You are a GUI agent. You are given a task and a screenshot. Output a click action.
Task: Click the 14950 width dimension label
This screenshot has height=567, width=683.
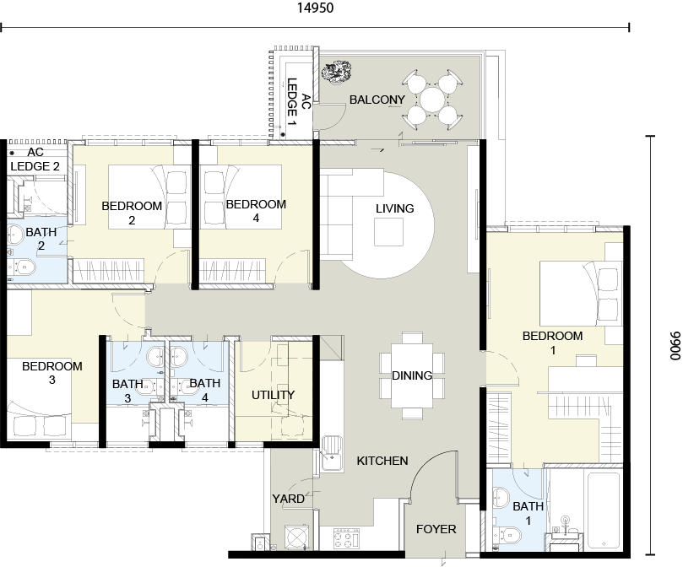(316, 8)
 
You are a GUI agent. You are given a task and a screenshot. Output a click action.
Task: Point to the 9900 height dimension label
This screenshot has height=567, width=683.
(675, 346)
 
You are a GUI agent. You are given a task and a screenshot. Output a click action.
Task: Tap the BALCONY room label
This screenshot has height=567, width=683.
(377, 100)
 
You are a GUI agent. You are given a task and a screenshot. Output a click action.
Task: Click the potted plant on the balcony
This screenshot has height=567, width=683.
(336, 72)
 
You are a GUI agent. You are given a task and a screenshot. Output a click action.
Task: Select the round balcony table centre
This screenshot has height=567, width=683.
(432, 100)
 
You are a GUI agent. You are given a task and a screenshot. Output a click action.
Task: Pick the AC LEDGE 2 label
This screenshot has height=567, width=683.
(35, 159)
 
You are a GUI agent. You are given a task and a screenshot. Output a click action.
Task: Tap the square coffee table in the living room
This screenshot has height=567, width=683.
(388, 232)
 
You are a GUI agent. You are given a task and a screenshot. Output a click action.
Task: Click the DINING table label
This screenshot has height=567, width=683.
(412, 375)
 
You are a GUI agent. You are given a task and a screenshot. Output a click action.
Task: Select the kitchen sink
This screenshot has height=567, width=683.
(333, 454)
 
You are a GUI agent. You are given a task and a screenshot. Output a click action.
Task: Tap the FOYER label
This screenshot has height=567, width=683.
(436, 529)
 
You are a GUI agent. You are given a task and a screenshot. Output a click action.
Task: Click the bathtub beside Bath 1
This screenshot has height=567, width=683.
(604, 510)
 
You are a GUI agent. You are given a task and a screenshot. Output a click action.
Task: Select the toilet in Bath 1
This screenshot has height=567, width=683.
(508, 535)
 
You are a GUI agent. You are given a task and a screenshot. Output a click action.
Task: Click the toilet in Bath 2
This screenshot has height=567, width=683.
(21, 266)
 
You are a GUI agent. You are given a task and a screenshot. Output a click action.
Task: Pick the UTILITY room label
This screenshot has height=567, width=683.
(273, 395)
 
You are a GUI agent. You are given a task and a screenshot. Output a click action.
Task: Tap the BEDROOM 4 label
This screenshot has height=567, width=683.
(256, 211)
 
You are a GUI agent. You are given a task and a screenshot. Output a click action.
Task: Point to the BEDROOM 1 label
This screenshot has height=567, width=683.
(552, 343)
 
